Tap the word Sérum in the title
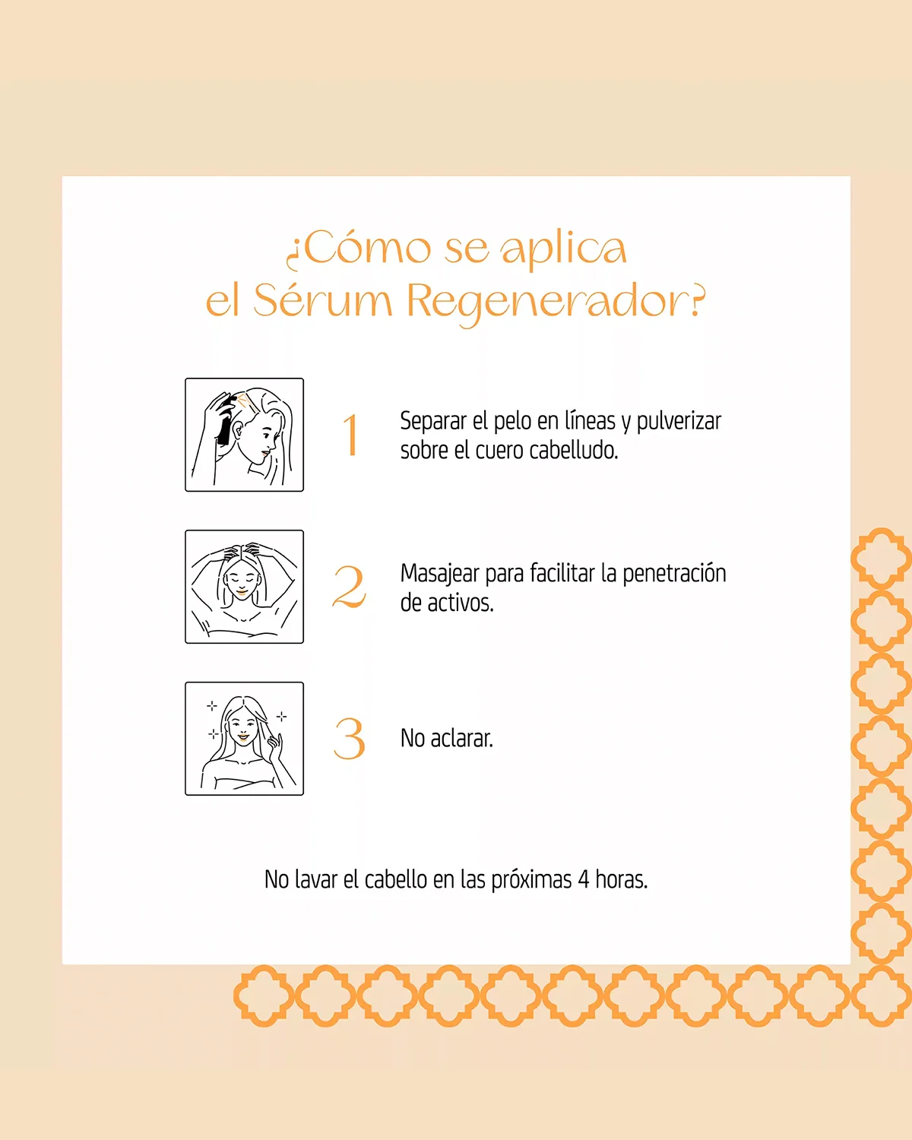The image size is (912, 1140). click(x=323, y=300)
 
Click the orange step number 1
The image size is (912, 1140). click(x=351, y=435)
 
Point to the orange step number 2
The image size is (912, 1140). click(x=350, y=587)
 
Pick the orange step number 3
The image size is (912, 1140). click(x=350, y=739)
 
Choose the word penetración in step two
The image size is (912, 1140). click(x=674, y=575)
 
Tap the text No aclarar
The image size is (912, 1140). click(x=447, y=739)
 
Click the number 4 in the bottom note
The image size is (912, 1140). click(x=584, y=880)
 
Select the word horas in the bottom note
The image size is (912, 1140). click(x=621, y=879)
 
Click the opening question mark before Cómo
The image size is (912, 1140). click(x=293, y=255)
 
